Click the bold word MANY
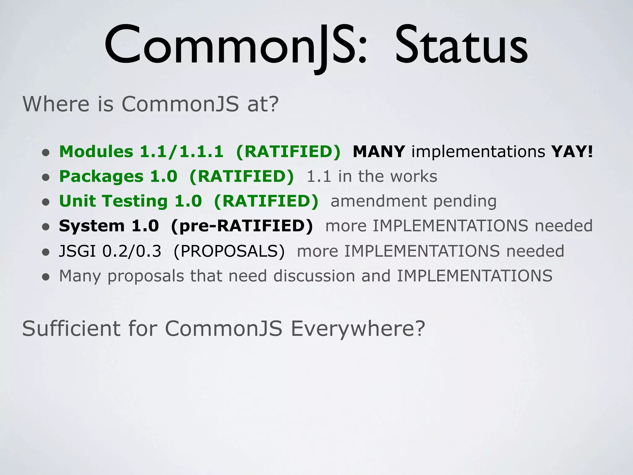tap(379, 152)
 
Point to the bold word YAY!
tap(572, 152)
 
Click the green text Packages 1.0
tap(118, 176)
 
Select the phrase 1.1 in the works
tap(372, 176)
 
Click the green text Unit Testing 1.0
tap(130, 201)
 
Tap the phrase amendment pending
tap(414, 201)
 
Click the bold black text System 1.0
tap(109, 226)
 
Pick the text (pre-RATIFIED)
tap(242, 226)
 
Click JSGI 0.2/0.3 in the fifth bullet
tap(110, 251)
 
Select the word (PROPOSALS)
tap(229, 251)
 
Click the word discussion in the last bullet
tap(314, 276)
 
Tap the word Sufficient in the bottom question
tap(71, 328)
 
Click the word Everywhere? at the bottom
tap(358, 328)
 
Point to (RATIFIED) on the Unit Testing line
tap(266, 201)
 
